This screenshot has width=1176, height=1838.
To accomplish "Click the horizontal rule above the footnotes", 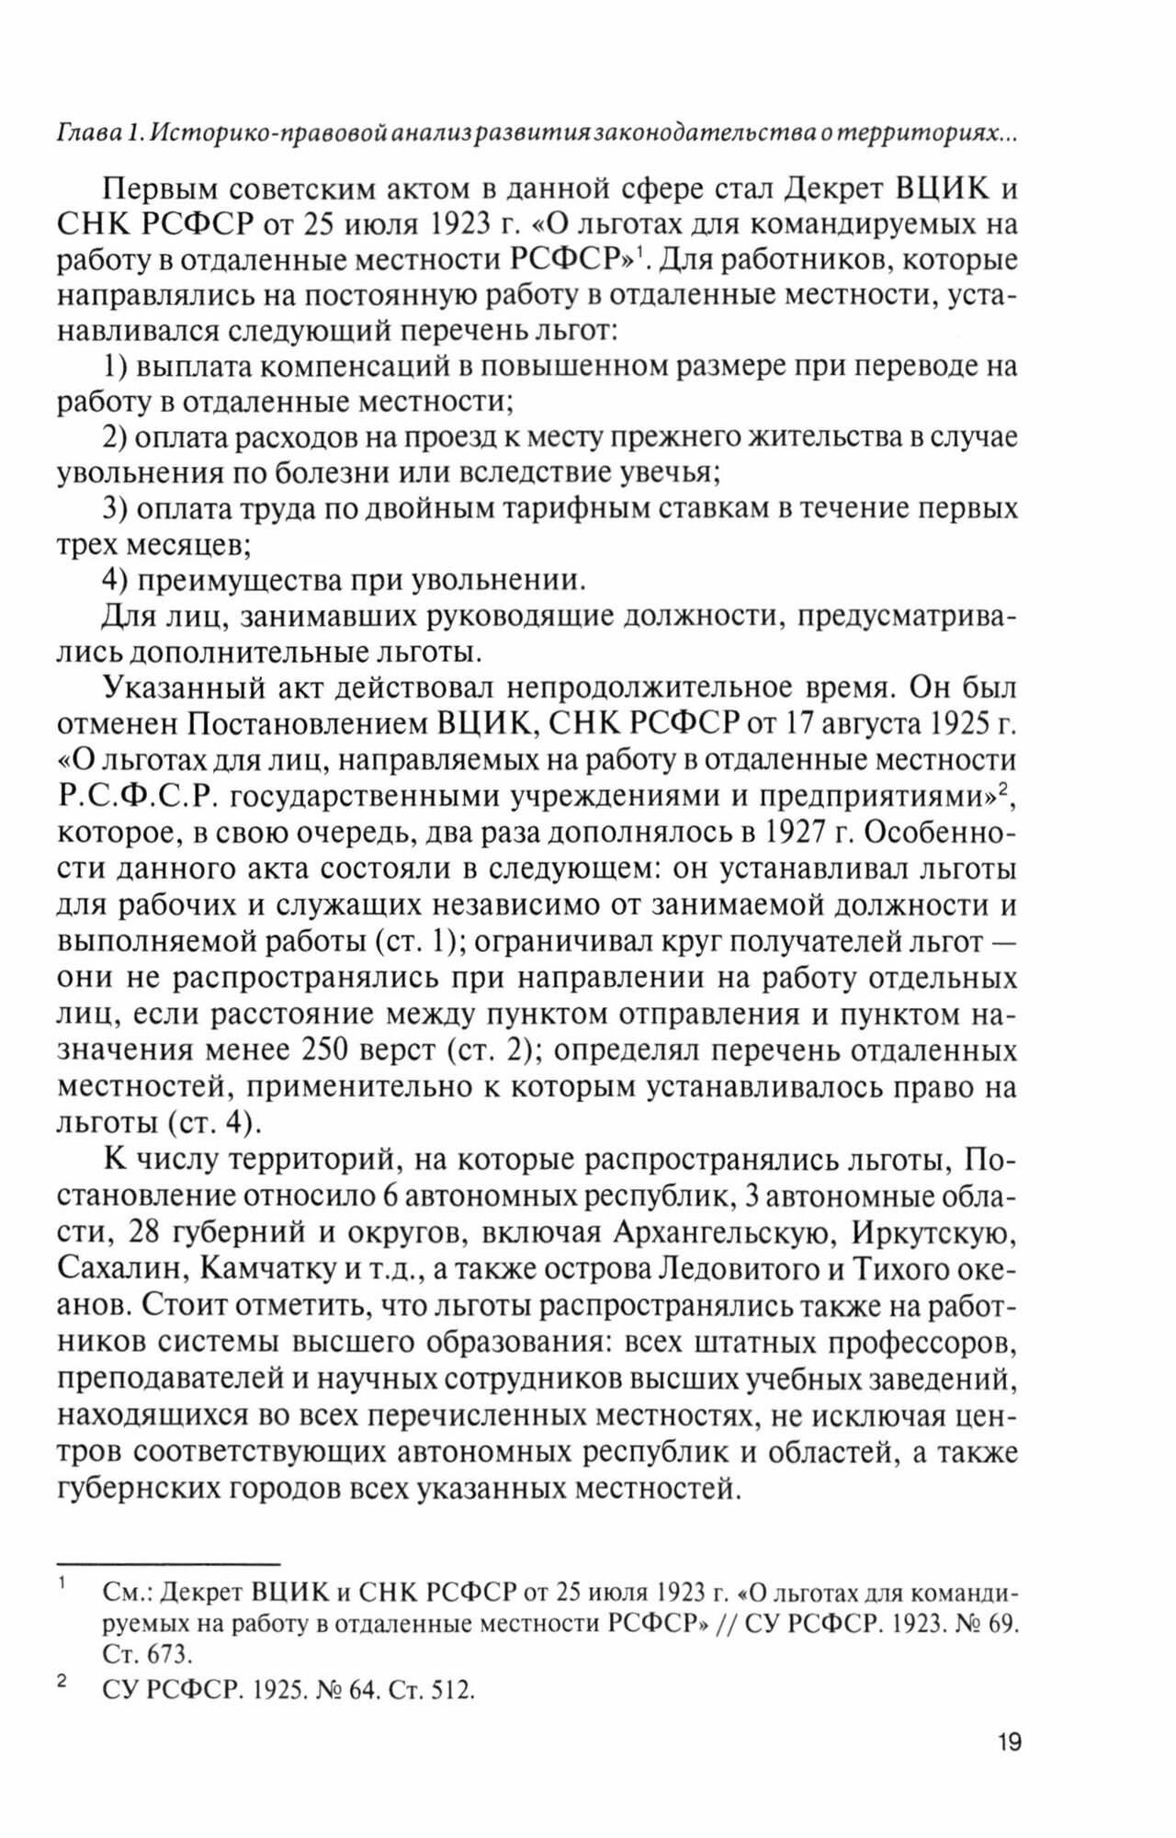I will coord(167,1563).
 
